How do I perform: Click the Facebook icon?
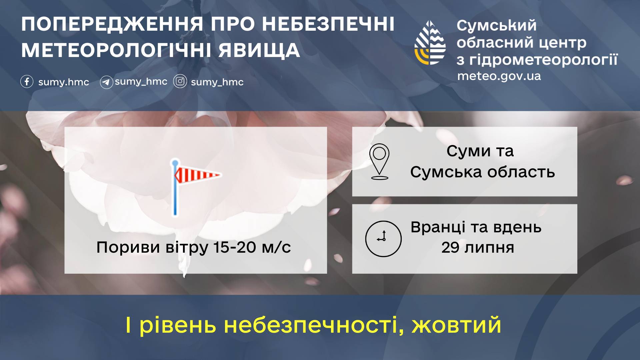pos(27,81)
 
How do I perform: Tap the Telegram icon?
pos(106,82)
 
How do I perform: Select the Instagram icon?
pos(180,81)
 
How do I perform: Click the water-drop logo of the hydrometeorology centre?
pos(430,43)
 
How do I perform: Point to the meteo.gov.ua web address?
pos(499,76)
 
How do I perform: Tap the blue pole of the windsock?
pos(175,188)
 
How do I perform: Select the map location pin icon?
pos(379,162)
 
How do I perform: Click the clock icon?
pos(383,239)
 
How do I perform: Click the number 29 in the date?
pos(450,248)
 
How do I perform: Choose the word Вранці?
pos(438,228)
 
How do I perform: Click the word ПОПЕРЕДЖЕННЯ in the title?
pos(112,24)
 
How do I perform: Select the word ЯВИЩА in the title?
pos(259,50)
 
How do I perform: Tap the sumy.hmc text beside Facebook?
pos(64,82)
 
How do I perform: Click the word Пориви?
pos(128,248)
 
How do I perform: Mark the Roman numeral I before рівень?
pos(128,325)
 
